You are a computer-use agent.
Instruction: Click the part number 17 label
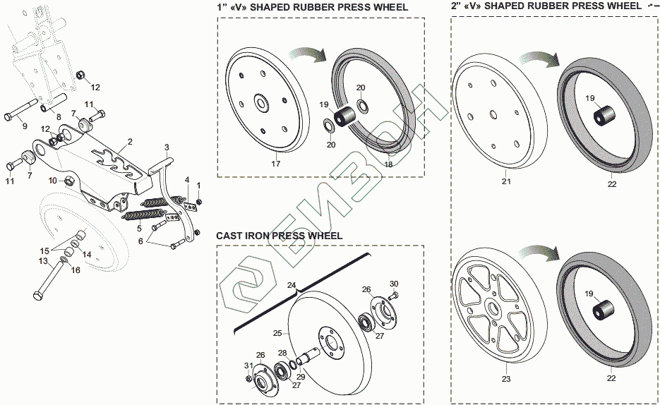point(276,164)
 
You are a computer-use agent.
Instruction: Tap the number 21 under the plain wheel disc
point(505,182)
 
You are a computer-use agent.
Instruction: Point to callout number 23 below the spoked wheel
point(505,379)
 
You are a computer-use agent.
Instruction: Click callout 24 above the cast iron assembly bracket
point(292,286)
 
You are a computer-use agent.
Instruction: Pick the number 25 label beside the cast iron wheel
point(277,332)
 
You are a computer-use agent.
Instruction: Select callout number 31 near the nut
point(248,365)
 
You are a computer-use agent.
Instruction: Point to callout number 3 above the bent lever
point(167,147)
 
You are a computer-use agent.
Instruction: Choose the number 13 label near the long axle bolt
point(43,261)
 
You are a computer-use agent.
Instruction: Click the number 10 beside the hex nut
point(52,181)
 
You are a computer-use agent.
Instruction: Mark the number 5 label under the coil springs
point(139,229)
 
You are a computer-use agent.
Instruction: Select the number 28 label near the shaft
point(282,352)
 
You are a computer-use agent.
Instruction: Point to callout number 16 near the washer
point(76,270)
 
